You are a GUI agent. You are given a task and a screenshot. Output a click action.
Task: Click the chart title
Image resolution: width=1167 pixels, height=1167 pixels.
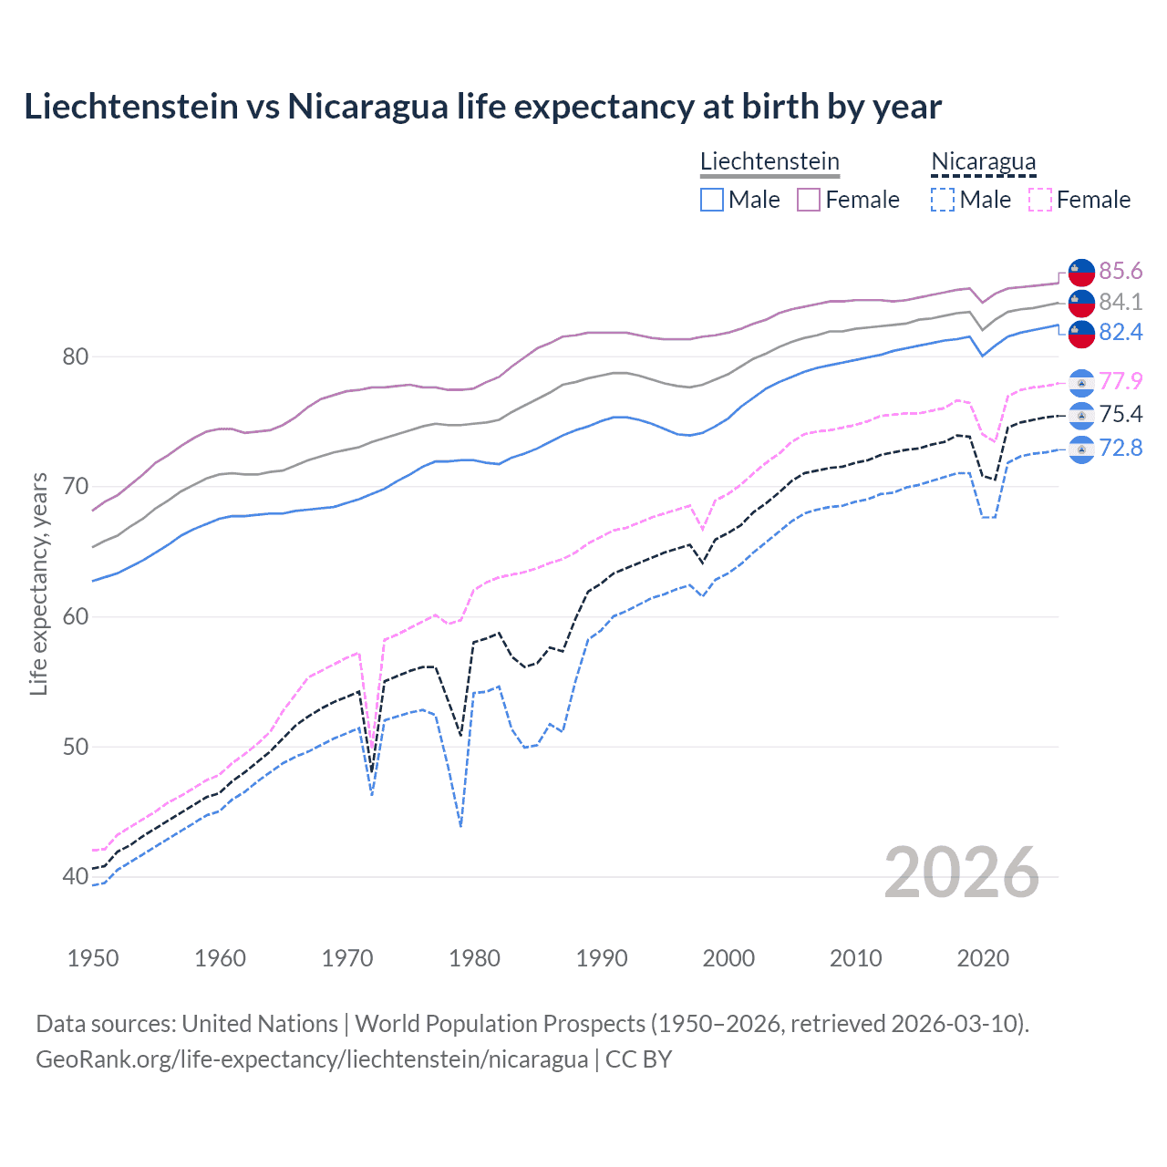[482, 107]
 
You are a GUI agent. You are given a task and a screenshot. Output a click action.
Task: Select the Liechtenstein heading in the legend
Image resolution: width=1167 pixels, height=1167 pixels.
[769, 161]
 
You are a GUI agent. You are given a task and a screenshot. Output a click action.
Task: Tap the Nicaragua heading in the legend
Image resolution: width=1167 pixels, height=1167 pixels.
[983, 161]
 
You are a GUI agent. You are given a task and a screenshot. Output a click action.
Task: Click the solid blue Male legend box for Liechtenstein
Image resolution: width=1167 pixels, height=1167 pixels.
[712, 200]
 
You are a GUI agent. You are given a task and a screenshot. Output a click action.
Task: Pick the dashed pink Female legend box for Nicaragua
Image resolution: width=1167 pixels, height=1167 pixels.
[1040, 200]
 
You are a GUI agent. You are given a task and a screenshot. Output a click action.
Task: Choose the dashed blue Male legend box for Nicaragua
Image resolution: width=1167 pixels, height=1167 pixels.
[943, 200]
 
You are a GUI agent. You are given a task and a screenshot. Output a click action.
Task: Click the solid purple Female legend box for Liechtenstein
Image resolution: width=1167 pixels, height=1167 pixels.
[809, 200]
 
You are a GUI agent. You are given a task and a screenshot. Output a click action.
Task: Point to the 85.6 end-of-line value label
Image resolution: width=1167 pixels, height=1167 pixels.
[1121, 272]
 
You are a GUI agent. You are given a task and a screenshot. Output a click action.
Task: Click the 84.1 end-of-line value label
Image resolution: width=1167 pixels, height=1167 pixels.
[1121, 302]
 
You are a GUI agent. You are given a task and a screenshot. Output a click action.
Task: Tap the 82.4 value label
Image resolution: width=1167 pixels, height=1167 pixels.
[1121, 332]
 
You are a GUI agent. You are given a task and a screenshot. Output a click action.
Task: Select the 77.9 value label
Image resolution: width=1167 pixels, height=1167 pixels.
[1121, 381]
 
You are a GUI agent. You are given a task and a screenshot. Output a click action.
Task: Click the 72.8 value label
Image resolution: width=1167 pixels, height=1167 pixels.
[1121, 448]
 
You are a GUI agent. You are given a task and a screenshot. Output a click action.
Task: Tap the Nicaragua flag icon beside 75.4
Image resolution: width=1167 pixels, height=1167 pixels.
[1081, 416]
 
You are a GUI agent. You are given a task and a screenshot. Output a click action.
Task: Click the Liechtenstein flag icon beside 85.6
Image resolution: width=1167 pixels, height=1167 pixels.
[1081, 272]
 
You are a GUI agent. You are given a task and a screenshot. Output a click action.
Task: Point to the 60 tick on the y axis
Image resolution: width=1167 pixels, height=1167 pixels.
[75, 617]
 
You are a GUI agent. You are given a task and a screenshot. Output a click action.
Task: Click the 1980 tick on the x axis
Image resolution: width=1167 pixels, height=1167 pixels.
[474, 958]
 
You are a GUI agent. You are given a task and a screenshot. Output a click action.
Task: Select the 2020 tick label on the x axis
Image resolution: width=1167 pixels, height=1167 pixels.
[983, 958]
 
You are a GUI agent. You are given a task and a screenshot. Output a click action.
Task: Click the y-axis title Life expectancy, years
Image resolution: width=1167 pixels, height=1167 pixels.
[38, 583]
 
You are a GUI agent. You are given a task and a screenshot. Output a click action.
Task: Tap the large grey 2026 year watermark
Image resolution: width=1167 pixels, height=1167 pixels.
[961, 873]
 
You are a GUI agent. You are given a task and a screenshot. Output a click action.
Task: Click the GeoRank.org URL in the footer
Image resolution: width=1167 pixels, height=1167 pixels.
[312, 1059]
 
